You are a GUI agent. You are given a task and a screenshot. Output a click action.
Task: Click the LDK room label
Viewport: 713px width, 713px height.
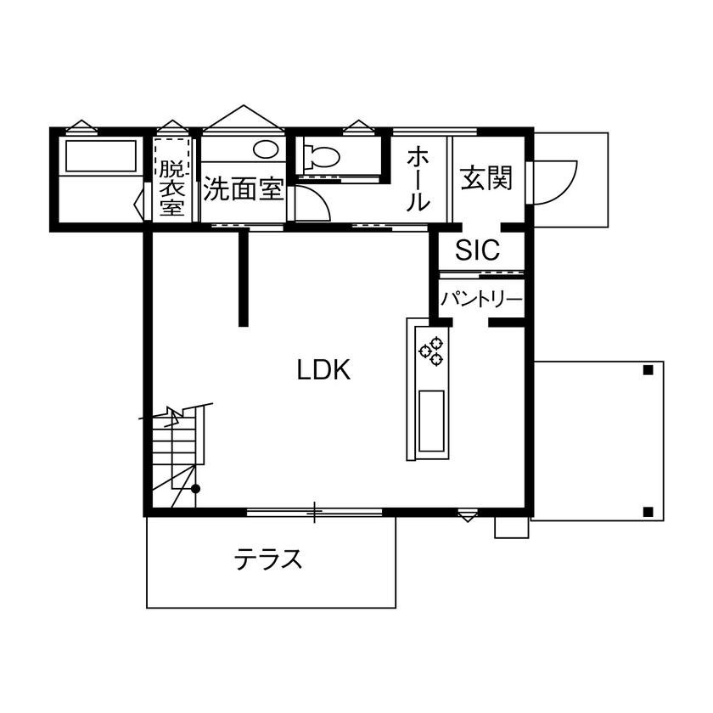(324, 370)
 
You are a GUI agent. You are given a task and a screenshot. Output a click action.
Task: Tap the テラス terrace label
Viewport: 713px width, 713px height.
(269, 559)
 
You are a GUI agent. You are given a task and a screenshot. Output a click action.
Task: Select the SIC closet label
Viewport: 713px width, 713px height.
(478, 250)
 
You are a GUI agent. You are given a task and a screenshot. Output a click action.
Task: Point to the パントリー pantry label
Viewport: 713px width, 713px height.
(480, 300)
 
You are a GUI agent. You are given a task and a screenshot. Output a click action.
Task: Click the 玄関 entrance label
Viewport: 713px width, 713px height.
(487, 178)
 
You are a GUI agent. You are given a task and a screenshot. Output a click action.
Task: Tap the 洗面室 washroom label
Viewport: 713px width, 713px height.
(242, 188)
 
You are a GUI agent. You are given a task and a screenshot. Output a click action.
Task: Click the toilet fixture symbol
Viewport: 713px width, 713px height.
(321, 156)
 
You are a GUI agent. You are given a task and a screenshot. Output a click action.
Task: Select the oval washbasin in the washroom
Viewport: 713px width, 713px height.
(266, 150)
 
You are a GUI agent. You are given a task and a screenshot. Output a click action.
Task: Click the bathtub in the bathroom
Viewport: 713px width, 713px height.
(101, 156)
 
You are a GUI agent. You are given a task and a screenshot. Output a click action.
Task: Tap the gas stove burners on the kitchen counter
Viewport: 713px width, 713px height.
(430, 351)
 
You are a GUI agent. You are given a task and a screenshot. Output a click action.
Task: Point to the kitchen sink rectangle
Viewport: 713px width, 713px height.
(431, 421)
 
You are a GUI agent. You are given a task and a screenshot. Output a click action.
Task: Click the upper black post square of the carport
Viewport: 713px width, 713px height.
(648, 370)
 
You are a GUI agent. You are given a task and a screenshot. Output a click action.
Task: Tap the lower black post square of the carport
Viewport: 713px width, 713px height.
(648, 511)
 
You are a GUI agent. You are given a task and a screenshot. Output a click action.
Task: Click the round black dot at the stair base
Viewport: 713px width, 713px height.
(195, 489)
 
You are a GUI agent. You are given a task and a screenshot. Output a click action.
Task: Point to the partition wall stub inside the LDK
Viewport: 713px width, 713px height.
(244, 278)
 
